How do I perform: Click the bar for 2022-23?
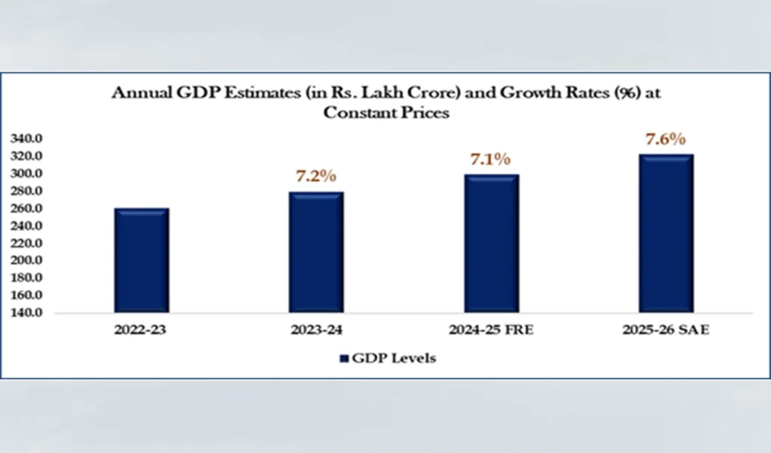click(142, 260)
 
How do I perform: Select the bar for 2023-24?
click(316, 252)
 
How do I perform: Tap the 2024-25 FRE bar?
click(491, 243)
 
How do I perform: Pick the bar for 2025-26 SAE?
click(666, 233)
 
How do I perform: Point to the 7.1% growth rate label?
click(491, 159)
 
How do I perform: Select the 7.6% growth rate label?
click(666, 139)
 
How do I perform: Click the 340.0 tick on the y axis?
click(28, 139)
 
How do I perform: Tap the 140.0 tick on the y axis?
click(28, 312)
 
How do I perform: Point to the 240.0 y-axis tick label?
click(28, 226)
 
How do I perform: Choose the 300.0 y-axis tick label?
click(28, 174)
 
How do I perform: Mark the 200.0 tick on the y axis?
click(28, 260)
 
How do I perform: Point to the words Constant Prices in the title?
click(386, 113)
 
